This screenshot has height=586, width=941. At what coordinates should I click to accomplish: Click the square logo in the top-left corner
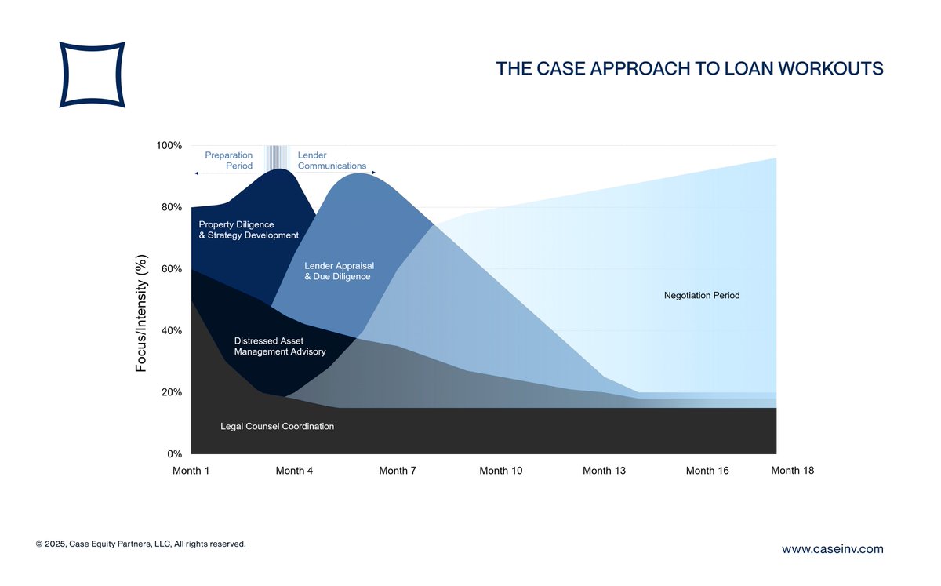pyautogui.click(x=92, y=75)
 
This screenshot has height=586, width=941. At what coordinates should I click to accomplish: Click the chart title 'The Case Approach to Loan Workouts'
pyautogui.click(x=689, y=69)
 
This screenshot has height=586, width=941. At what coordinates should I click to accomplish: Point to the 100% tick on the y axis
pyautogui.click(x=169, y=146)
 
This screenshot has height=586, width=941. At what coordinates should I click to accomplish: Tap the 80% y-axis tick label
pyautogui.click(x=171, y=208)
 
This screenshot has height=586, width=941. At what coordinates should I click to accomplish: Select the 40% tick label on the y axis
pyautogui.click(x=171, y=331)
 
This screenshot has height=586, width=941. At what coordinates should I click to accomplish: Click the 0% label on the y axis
pyautogui.click(x=175, y=454)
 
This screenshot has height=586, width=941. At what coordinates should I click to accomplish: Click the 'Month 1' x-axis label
pyautogui.click(x=191, y=471)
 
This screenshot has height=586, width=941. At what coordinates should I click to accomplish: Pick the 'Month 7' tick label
pyautogui.click(x=398, y=471)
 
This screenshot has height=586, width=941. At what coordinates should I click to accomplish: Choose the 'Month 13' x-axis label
pyautogui.click(x=604, y=471)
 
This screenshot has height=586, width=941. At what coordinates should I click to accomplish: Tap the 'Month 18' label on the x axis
pyautogui.click(x=792, y=471)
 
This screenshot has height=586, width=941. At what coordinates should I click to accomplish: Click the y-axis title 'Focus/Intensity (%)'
pyautogui.click(x=142, y=312)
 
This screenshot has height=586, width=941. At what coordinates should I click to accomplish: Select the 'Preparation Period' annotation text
pyautogui.click(x=229, y=161)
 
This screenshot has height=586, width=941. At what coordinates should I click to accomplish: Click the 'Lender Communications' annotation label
pyautogui.click(x=332, y=161)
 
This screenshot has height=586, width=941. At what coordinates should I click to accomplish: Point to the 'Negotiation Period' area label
pyautogui.click(x=702, y=296)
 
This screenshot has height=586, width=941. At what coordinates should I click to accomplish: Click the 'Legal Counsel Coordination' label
pyautogui.click(x=277, y=427)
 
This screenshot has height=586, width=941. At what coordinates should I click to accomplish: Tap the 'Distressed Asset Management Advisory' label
pyautogui.click(x=280, y=347)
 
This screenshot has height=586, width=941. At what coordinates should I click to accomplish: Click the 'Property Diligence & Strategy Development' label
pyautogui.click(x=249, y=230)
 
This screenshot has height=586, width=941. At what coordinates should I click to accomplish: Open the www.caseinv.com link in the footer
pyautogui.click(x=832, y=549)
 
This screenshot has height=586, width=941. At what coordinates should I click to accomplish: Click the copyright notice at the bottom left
pyautogui.click(x=141, y=544)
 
